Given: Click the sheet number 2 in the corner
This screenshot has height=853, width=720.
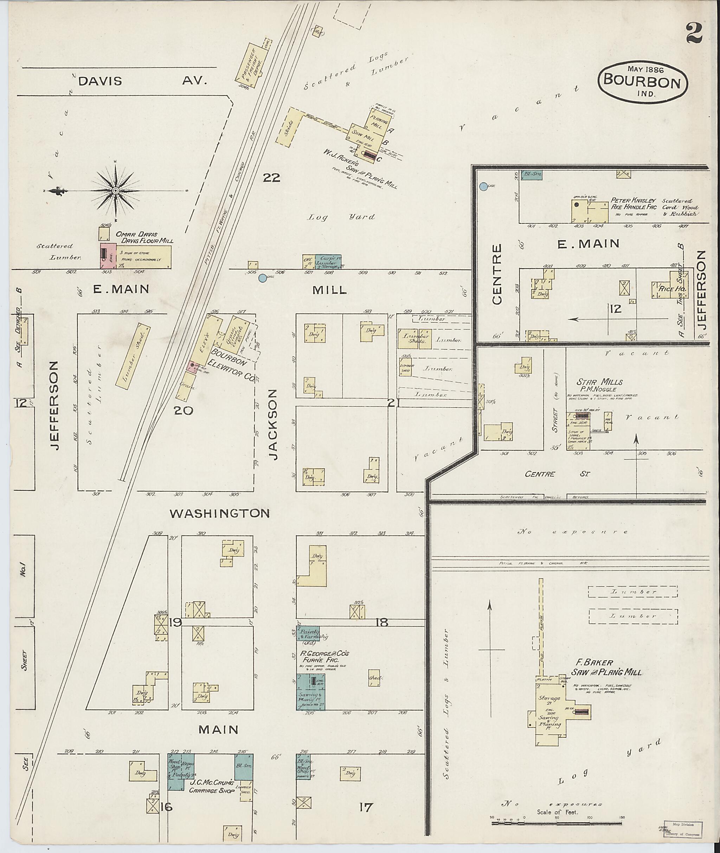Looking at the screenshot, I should (694, 33).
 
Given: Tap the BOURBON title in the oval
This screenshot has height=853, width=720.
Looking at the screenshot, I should (642, 82).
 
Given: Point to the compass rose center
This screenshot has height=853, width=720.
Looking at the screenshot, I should (116, 191).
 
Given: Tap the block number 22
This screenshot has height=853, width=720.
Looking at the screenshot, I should (271, 178).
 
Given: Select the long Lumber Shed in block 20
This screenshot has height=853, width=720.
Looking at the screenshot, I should (132, 355).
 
